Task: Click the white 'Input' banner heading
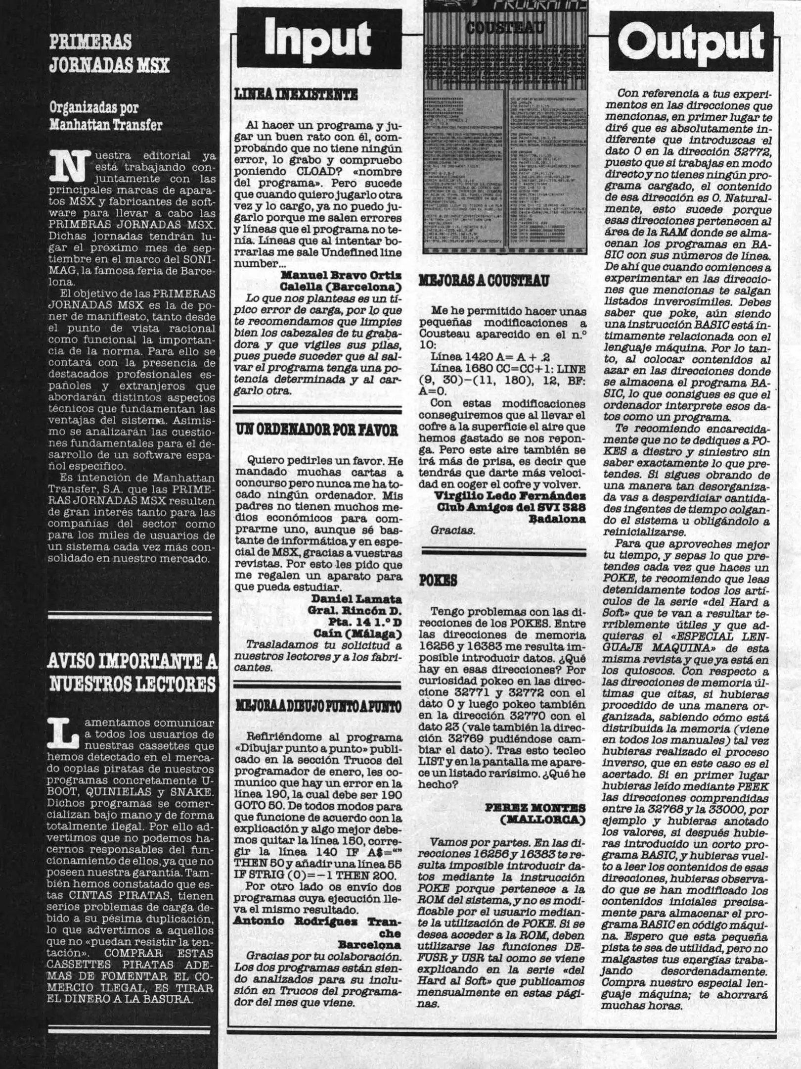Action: [x=318, y=40]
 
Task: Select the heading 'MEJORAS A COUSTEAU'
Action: [x=484, y=281]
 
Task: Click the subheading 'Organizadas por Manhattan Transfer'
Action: [x=106, y=116]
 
